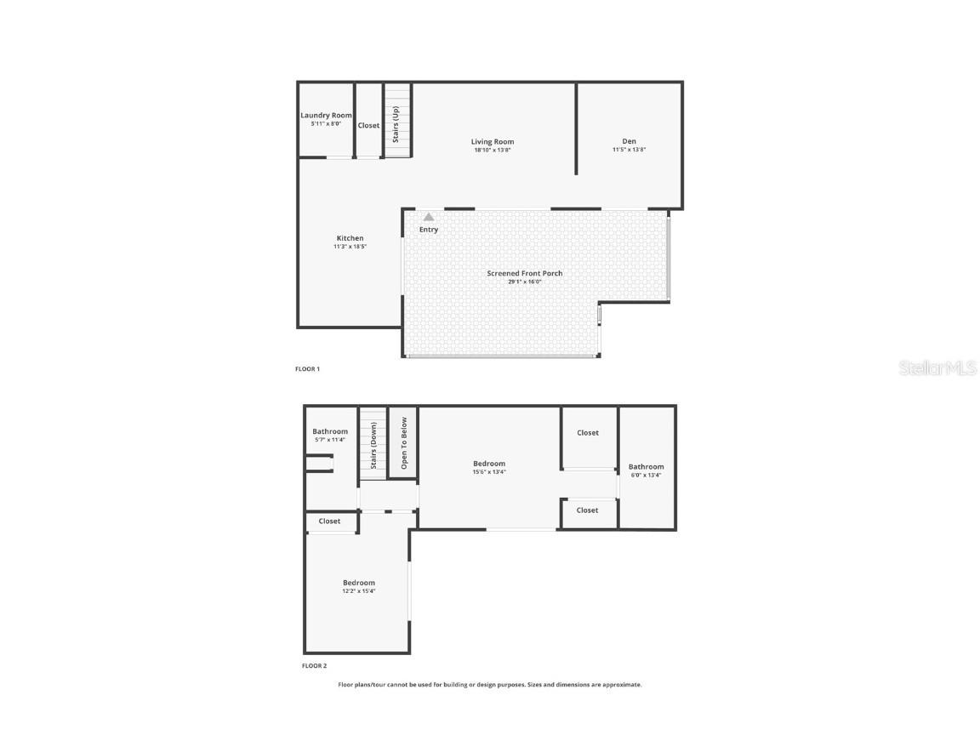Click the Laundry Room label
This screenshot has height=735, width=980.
[x=326, y=116]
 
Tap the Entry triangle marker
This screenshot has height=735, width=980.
[x=429, y=218]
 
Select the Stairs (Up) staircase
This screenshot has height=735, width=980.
[x=397, y=121]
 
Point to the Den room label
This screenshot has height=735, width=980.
[x=629, y=141]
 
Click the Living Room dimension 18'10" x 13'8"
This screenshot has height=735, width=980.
[x=493, y=151]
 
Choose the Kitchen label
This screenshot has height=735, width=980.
[x=350, y=238]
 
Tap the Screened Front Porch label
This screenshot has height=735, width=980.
[x=524, y=273]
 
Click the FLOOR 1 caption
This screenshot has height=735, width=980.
[x=307, y=369]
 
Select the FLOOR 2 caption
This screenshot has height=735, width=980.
[x=314, y=666]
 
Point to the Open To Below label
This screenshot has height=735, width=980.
[x=404, y=442]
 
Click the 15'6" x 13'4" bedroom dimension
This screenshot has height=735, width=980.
[x=489, y=472]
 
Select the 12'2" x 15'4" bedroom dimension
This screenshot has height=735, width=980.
[x=358, y=591]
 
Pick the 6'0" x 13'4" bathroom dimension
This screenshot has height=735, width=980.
[x=646, y=475]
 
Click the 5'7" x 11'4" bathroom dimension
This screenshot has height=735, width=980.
[x=330, y=440]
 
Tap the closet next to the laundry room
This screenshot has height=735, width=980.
[x=368, y=125]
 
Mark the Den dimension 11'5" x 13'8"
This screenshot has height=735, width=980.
[x=629, y=150]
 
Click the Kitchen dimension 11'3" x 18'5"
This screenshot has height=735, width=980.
[x=350, y=247]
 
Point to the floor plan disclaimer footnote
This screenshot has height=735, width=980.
[x=490, y=685]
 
